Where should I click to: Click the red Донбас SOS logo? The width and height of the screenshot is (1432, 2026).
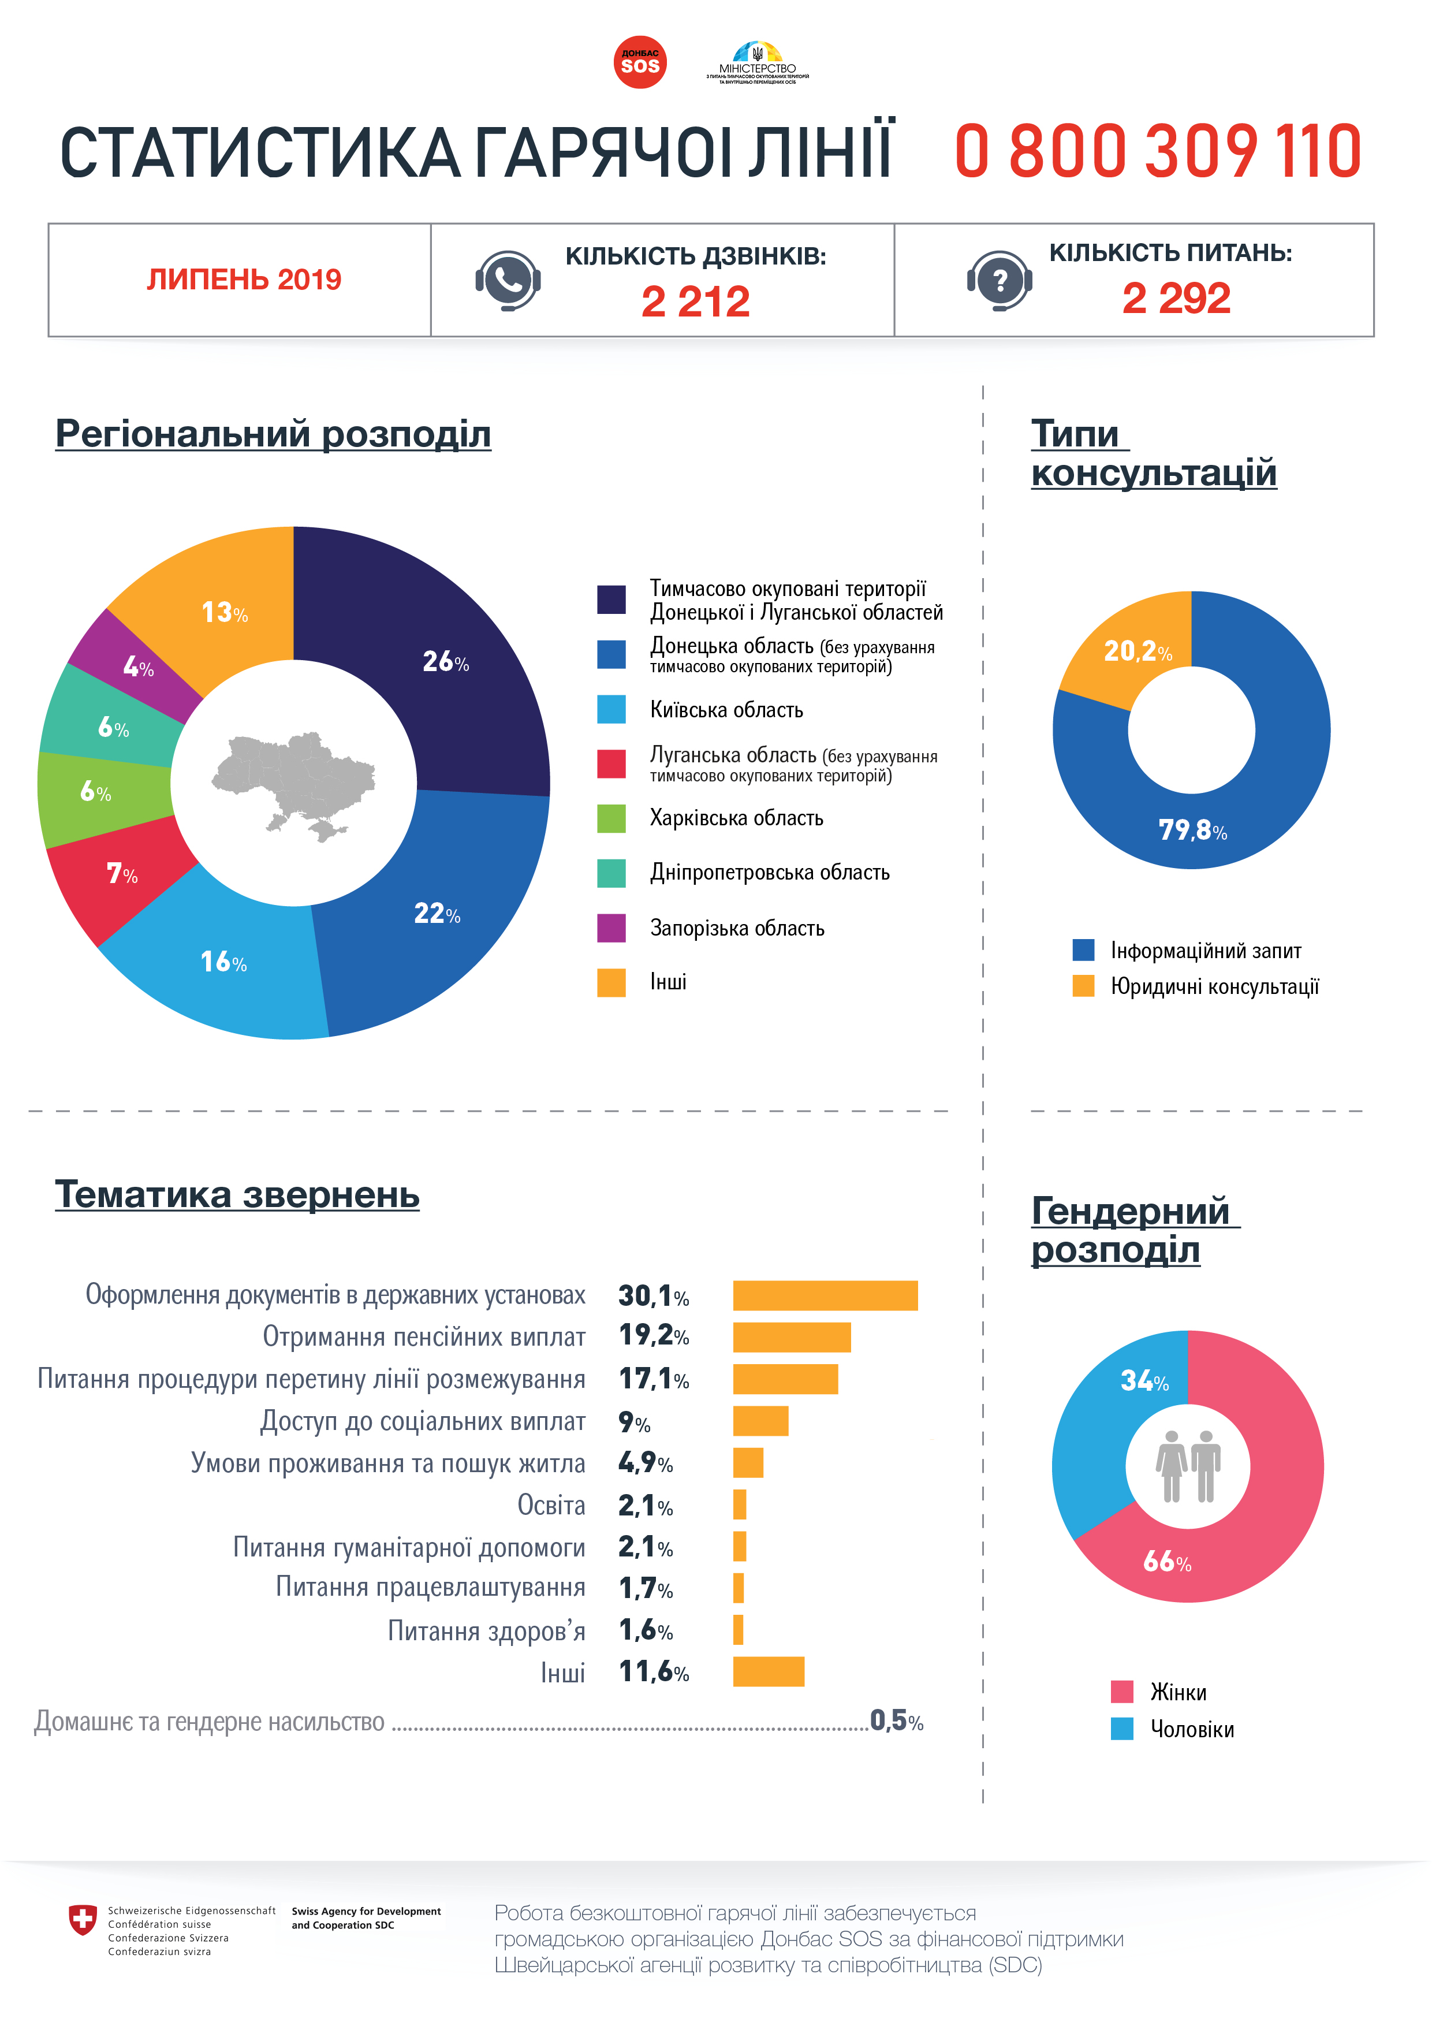coord(640,62)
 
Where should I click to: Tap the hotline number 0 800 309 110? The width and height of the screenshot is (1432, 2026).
coord(1158,152)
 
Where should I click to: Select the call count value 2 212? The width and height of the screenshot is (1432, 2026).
coord(695,302)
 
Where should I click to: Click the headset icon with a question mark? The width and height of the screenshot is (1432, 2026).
coord(999,281)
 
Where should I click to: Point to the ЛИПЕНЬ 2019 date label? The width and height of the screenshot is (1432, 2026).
coord(244,280)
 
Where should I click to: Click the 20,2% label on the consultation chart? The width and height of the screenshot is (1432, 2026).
coord(1138,651)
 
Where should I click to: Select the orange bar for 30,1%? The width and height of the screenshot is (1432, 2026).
coord(825,1295)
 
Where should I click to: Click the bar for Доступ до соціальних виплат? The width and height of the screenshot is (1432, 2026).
coord(760,1421)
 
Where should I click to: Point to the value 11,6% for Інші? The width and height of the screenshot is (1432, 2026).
coord(653,1672)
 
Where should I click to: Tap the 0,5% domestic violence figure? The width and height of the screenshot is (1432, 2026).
coord(896,1720)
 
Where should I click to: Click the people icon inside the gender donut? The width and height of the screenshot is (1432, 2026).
coord(1188,1466)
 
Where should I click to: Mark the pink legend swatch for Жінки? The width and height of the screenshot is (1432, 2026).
coord(1121,1692)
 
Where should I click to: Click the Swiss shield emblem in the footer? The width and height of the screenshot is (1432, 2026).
coord(83,1919)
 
